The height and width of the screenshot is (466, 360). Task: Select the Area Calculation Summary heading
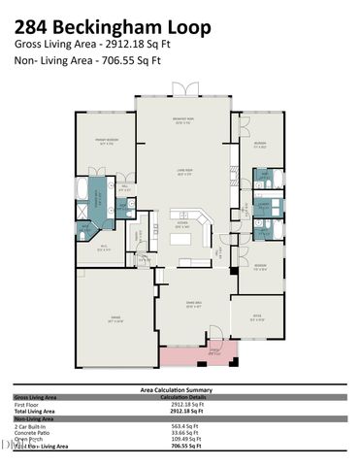[x=180, y=389]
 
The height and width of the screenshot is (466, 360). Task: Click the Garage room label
[x=115, y=318]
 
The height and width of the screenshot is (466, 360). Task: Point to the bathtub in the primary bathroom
[x=80, y=187]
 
